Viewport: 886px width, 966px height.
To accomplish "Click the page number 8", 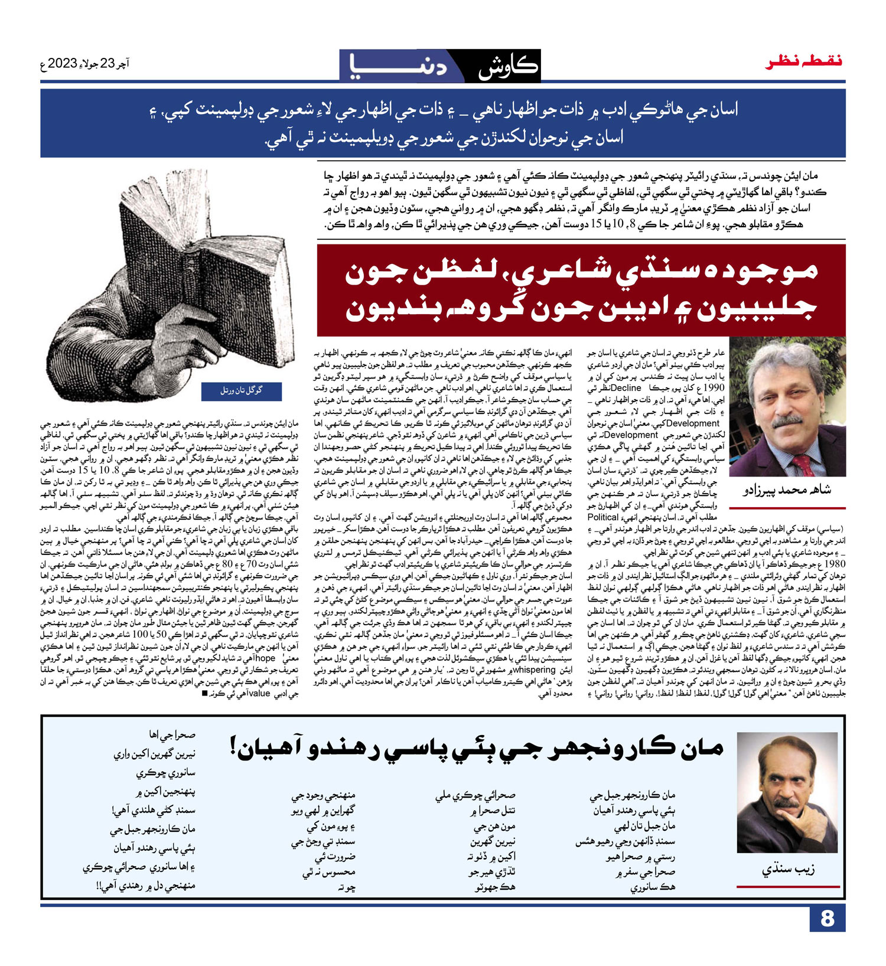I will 826,918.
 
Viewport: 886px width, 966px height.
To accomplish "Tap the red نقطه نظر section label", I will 804,61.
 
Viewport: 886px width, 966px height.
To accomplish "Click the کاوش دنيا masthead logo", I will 440,66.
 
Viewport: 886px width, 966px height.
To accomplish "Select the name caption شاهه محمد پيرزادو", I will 787,490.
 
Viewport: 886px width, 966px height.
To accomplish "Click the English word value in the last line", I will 259,694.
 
